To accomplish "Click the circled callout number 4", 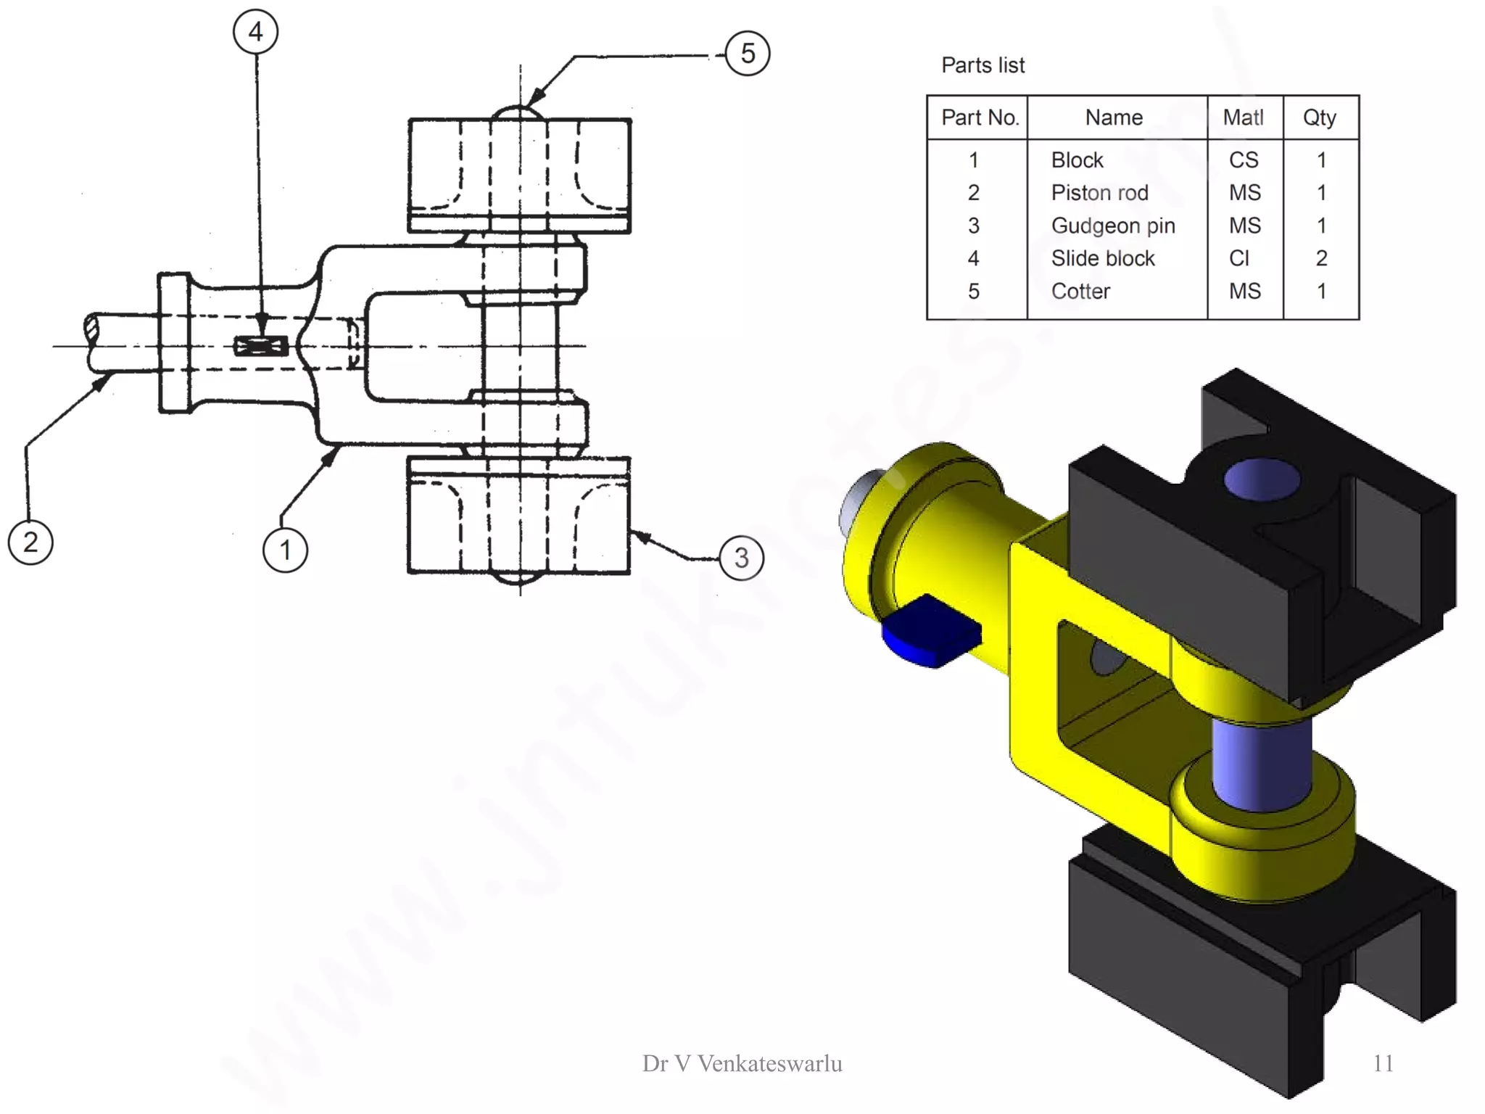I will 255,32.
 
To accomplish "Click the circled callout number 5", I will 748,54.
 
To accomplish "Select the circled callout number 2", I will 30,542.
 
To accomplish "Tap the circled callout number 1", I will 285,550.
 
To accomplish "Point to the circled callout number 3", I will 741,558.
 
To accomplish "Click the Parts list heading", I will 983,65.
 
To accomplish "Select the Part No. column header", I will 980,117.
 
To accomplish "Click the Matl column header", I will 1243,117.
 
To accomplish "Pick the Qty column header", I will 1319,117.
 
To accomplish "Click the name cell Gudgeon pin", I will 1112,226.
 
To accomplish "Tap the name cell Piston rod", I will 1099,193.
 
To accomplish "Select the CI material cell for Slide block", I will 1239,258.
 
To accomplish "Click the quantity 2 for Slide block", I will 1321,258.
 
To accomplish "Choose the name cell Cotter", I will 1080,292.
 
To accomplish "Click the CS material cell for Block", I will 1243,160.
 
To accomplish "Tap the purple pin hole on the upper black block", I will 1261,479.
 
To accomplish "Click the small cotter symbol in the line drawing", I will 261,346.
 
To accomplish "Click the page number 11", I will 1383,1063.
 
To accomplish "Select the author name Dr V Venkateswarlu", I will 742,1063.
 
